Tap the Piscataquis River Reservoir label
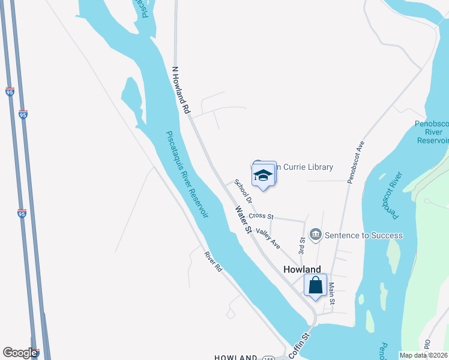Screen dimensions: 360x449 click(187, 174)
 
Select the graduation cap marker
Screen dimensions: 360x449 click(263, 175)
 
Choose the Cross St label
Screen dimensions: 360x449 click(261, 216)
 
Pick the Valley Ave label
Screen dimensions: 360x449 click(268, 238)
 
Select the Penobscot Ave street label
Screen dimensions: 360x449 click(354, 162)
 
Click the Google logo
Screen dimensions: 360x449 click(20, 353)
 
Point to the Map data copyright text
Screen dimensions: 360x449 click(423, 355)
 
